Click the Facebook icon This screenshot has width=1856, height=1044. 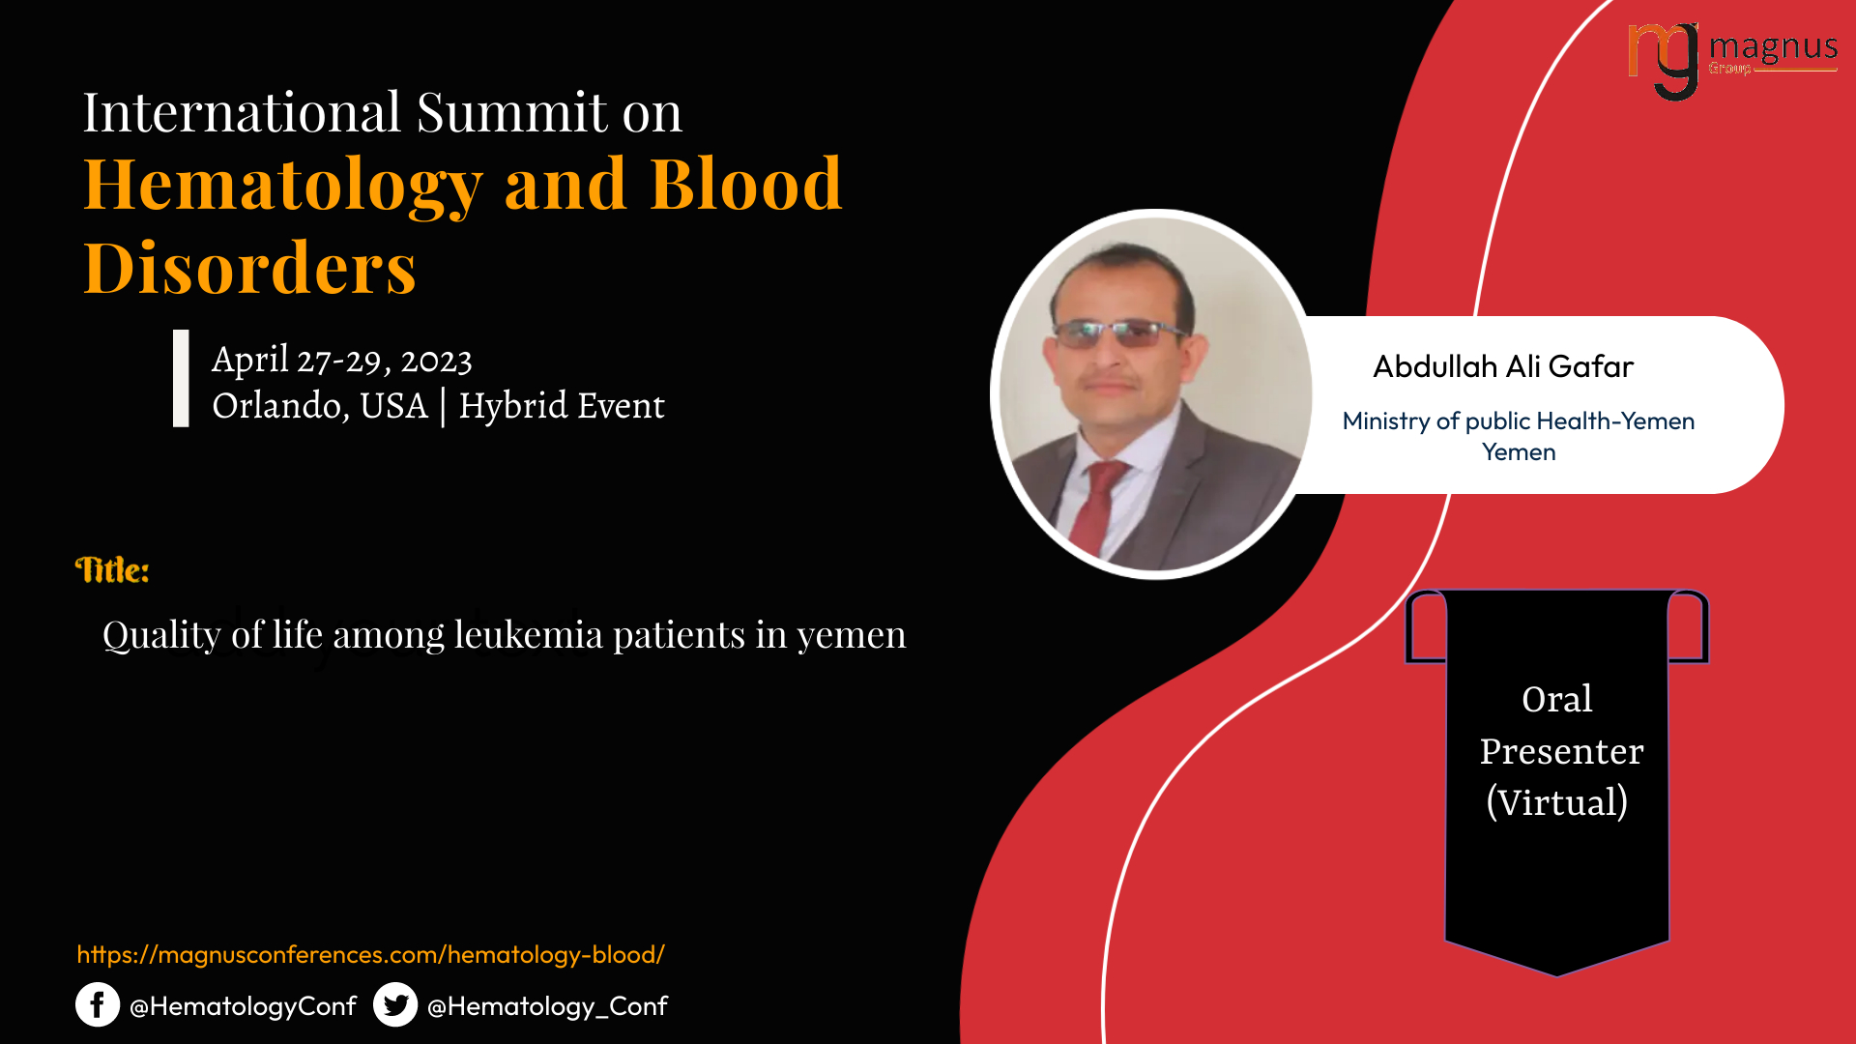pyautogui.click(x=98, y=1005)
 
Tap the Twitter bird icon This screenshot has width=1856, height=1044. pyautogui.click(x=395, y=1005)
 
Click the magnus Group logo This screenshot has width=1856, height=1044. pyautogui.click(x=1732, y=61)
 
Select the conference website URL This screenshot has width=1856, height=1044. pyautogui.click(x=371, y=955)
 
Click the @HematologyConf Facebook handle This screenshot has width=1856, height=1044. pyautogui.click(x=243, y=1006)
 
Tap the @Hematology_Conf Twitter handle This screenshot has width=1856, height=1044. pyautogui.click(x=547, y=1006)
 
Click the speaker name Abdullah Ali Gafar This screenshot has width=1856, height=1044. pyautogui.click(x=1503, y=366)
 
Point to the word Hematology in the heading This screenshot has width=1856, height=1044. pyautogui.click(x=283, y=185)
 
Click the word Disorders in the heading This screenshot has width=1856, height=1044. pyautogui.click(x=250, y=268)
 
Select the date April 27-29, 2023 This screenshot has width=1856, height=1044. pyautogui.click(x=342, y=361)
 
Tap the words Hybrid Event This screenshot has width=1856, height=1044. pyautogui.click(x=562, y=406)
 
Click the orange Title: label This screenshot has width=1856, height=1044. pyautogui.click(x=112, y=570)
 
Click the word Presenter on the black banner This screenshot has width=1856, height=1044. pyautogui.click(x=1561, y=751)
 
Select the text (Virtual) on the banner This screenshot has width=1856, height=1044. pyautogui.click(x=1557, y=802)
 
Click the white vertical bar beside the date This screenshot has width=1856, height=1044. pyautogui.click(x=181, y=378)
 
